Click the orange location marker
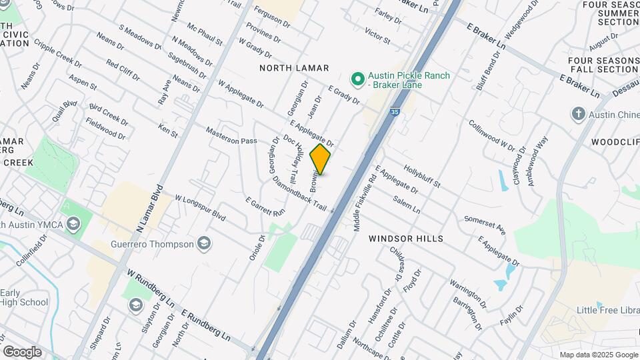coord(321,159)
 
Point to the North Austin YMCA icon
coord(74,224)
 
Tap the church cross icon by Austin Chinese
coord(578,114)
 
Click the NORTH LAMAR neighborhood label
coord(294,68)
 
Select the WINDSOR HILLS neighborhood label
coord(406,238)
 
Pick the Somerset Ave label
coord(485,224)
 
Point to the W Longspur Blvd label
coord(200,209)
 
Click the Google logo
coord(22,351)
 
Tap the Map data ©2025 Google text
coord(598,355)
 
